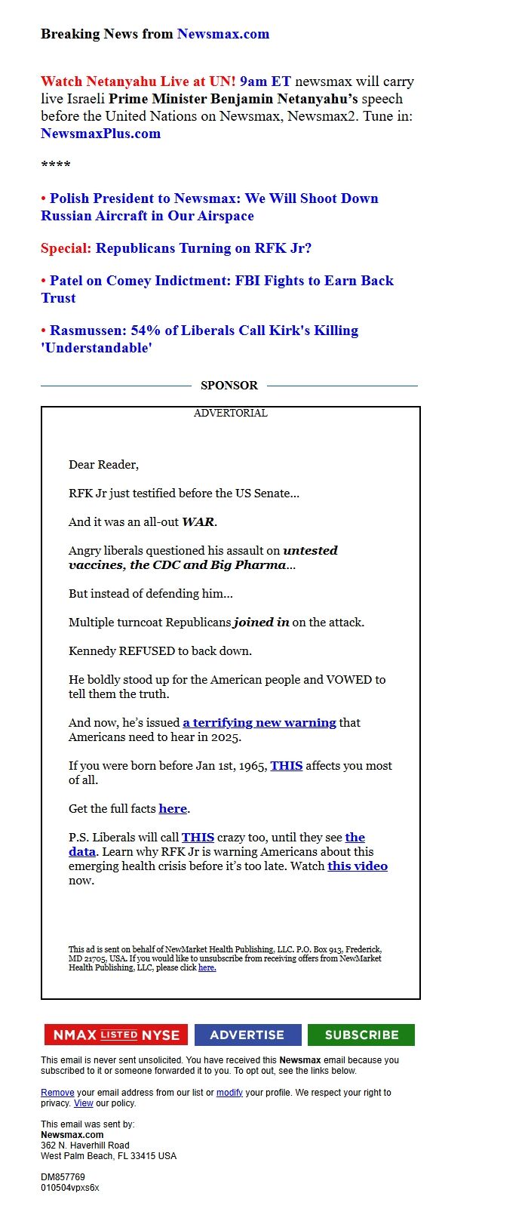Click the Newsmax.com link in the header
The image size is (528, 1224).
(223, 34)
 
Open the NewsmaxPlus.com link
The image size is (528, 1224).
(100, 134)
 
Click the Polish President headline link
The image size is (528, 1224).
(210, 207)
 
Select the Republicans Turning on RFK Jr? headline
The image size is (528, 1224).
(204, 248)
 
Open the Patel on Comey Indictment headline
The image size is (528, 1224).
(217, 289)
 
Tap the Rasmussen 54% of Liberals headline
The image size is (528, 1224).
(200, 339)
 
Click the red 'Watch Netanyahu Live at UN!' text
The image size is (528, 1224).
(138, 81)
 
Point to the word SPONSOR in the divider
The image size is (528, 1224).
(229, 386)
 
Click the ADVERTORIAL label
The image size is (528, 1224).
(230, 414)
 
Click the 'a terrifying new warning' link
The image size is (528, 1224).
(259, 723)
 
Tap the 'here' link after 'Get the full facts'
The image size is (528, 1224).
(173, 809)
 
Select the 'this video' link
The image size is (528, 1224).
(358, 866)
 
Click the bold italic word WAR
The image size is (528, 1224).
(198, 522)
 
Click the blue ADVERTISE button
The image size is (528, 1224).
(247, 1035)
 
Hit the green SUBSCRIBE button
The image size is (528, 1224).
(361, 1035)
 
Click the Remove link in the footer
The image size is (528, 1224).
(57, 1093)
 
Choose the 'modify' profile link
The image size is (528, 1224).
(229, 1093)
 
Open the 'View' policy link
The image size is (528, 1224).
(83, 1103)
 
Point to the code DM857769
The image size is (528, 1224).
(63, 1177)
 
